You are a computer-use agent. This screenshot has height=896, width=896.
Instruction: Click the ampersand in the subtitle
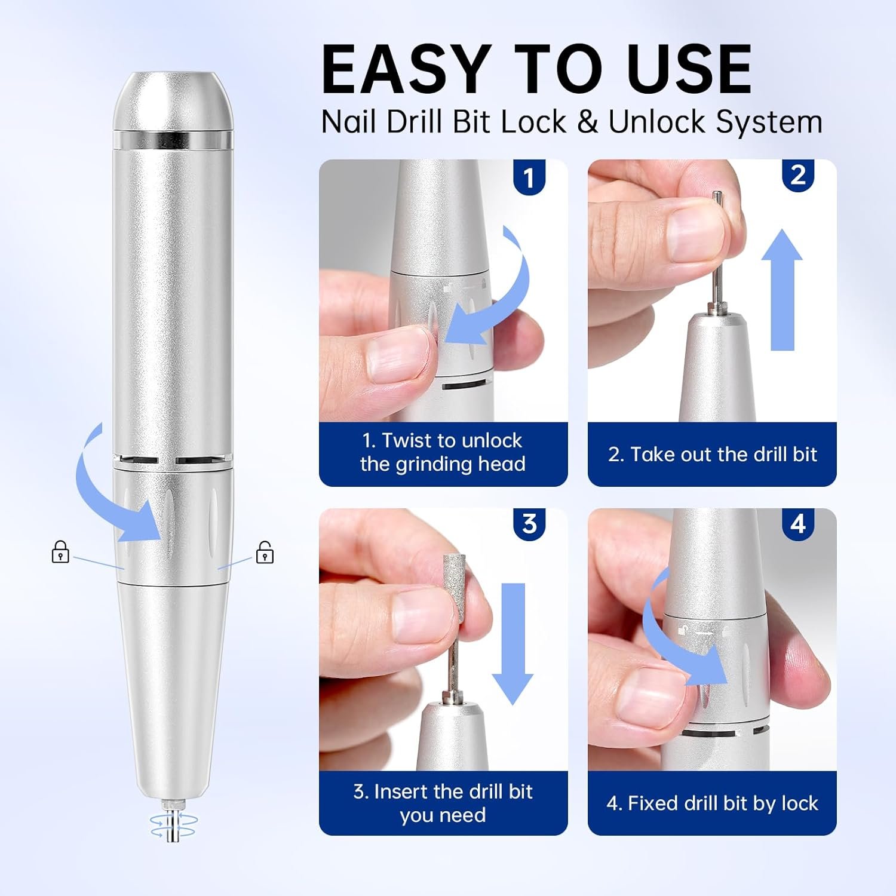(587, 122)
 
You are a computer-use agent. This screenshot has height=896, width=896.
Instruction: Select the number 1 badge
(529, 177)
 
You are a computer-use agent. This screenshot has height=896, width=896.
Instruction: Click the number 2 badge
(798, 175)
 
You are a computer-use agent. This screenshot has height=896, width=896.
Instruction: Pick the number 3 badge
(529, 524)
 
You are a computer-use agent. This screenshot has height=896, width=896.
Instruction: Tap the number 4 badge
(798, 524)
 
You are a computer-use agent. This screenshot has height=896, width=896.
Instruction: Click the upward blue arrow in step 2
(782, 290)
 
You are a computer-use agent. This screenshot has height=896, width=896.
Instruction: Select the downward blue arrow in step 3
(513, 642)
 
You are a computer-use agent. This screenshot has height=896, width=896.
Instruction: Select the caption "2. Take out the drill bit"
(712, 455)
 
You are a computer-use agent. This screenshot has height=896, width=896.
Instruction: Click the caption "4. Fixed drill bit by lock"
(712, 803)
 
